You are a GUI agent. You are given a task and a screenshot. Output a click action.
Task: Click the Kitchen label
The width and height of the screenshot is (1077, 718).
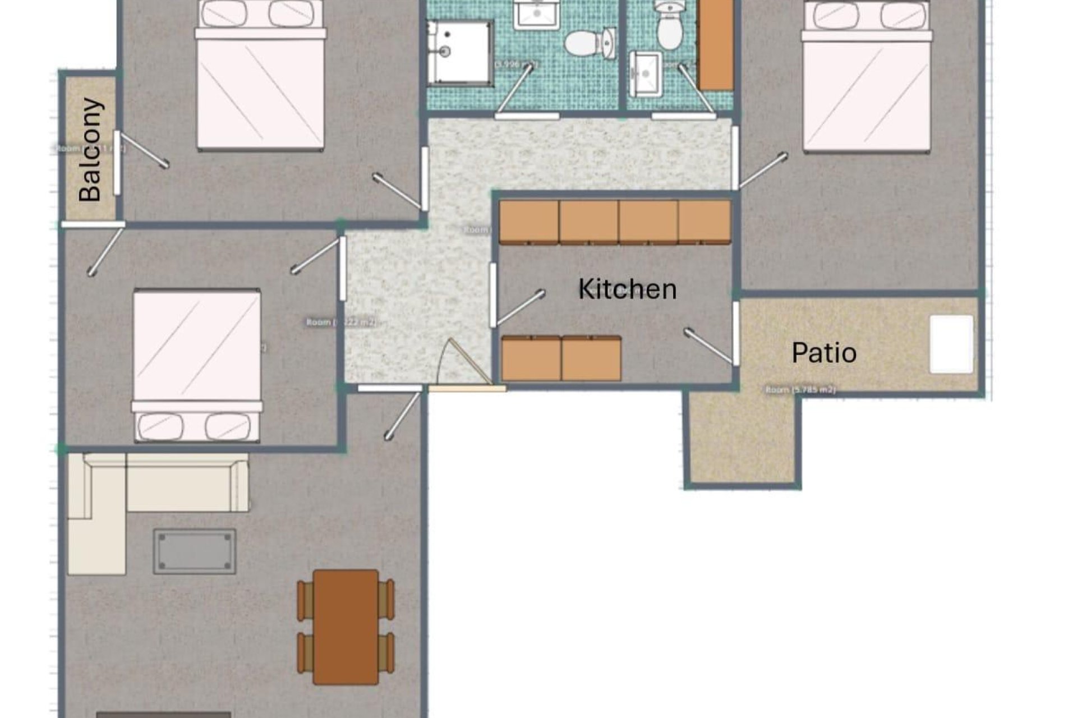tap(627, 289)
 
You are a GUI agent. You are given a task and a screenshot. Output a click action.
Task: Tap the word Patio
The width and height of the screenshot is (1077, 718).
tap(823, 353)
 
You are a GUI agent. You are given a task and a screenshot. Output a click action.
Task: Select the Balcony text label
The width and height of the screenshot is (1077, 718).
tap(91, 150)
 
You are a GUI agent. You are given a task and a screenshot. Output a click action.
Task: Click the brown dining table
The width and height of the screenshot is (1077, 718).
tap(346, 627)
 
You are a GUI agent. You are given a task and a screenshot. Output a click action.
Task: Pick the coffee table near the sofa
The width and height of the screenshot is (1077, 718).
tap(195, 551)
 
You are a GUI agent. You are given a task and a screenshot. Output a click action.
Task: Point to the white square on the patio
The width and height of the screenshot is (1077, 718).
tap(951, 344)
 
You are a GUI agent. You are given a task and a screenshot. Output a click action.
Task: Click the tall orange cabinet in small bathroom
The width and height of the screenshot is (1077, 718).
tap(716, 45)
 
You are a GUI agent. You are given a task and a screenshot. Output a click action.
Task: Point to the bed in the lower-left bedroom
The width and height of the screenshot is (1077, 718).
tap(197, 365)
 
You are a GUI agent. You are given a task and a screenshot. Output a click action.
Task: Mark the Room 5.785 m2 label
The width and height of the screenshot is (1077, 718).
tap(800, 390)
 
